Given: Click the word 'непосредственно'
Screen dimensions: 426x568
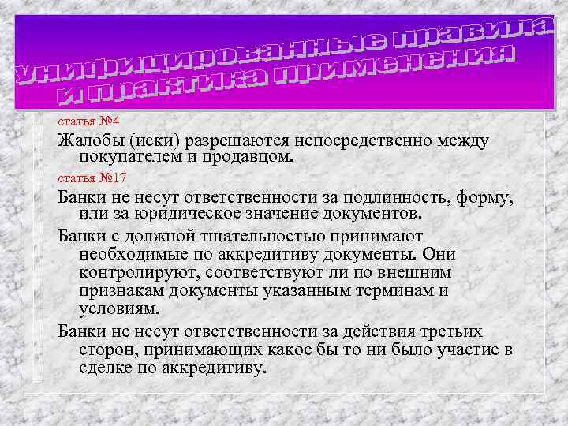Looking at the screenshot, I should [x=365, y=140].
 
